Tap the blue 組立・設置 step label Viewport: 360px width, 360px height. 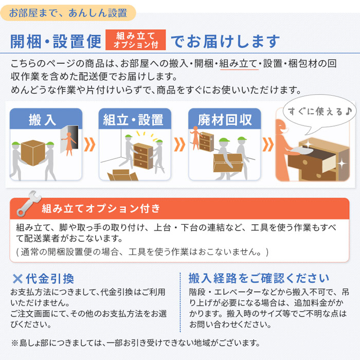[133, 120]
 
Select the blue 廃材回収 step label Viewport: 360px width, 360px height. [225, 120]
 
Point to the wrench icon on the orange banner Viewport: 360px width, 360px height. [26, 205]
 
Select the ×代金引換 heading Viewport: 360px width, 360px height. [43, 278]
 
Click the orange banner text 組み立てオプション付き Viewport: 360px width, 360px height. [101, 209]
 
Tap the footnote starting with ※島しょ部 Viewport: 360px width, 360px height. [136, 343]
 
